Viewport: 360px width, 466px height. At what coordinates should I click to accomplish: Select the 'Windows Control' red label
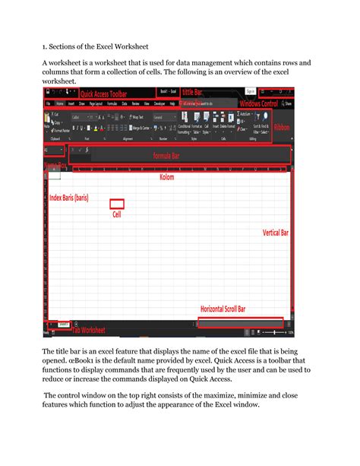[258, 103]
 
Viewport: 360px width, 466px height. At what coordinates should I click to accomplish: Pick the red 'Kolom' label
[166, 177]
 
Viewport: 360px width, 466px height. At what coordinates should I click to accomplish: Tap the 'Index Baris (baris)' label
[65, 198]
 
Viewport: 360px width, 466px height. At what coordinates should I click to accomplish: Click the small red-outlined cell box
[117, 203]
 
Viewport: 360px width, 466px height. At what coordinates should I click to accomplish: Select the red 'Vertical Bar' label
[278, 232]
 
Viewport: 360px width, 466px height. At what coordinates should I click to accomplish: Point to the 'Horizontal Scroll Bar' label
[234, 309]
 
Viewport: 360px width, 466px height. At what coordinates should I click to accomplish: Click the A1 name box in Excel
[53, 151]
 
